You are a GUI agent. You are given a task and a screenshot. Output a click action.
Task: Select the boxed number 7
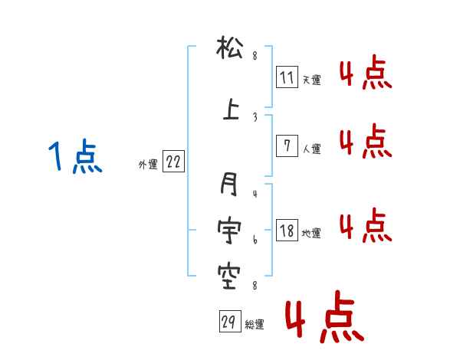tap(287, 146)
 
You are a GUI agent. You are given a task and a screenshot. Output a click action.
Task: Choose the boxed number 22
tap(172, 162)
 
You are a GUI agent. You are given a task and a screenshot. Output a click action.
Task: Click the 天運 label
tap(311, 80)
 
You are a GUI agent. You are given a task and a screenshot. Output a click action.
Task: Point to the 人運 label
tap(311, 149)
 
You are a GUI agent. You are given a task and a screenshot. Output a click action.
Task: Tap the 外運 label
tap(147, 164)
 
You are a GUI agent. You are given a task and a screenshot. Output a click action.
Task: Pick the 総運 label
tap(255, 325)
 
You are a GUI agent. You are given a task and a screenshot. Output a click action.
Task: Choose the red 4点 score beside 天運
tap(365, 74)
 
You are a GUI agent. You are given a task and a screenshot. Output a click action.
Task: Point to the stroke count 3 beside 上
tap(255, 116)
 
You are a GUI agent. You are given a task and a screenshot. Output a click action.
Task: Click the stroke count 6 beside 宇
tap(255, 240)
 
